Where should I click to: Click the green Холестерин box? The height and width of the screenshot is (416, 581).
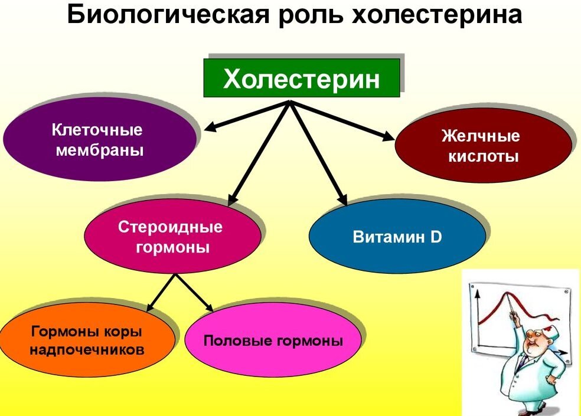point(302,78)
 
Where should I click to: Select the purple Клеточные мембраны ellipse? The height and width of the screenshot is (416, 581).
point(99,139)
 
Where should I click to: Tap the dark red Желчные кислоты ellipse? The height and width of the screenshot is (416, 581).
point(483,146)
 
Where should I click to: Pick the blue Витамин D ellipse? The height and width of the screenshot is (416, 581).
point(397,237)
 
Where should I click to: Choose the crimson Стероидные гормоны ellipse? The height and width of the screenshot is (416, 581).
point(172,236)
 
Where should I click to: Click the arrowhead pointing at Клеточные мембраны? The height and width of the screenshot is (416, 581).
point(210,127)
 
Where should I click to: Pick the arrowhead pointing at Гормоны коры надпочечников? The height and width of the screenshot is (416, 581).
point(151,307)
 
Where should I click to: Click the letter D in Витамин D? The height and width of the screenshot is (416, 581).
point(436,237)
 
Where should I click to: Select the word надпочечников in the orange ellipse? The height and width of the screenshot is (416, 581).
point(87,349)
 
